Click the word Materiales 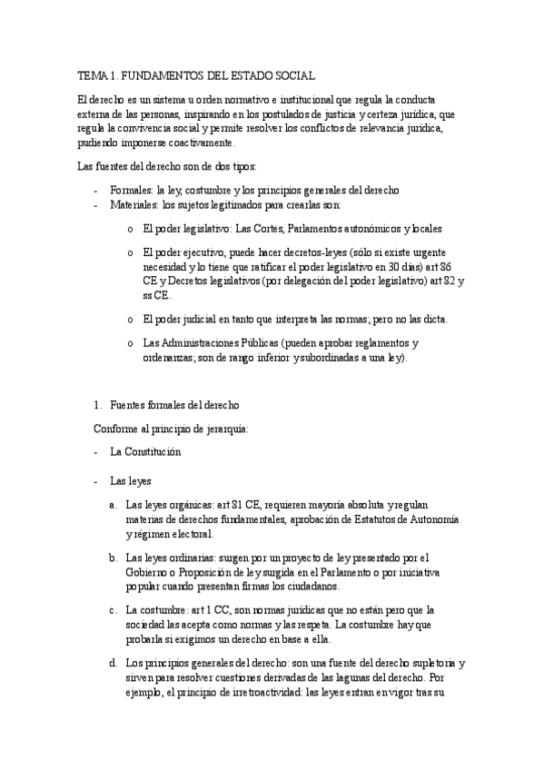coord(134,205)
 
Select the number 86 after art coord(456,267)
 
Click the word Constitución coord(151,451)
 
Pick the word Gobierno coord(151,573)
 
